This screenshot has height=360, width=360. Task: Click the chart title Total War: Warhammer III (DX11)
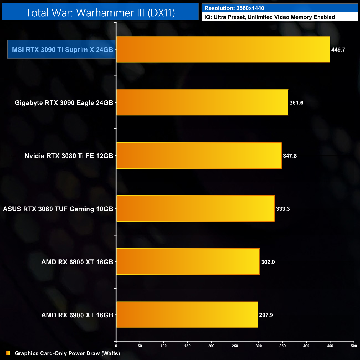100,13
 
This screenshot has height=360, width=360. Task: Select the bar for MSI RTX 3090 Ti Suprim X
223,49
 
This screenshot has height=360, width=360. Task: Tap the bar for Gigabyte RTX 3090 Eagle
202,102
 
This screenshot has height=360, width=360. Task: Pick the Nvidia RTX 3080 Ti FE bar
199,156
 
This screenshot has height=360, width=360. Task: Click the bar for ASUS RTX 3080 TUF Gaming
195,209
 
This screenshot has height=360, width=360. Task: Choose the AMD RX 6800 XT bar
188,262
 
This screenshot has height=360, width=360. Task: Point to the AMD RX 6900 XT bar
187,315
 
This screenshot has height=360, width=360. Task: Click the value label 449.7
338,50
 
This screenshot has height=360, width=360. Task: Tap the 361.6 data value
296,103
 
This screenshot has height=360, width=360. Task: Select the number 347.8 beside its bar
290,156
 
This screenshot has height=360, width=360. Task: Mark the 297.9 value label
266,315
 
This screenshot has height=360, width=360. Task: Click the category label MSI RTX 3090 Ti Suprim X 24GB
62,50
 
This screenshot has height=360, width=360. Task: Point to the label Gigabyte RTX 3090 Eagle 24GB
64,103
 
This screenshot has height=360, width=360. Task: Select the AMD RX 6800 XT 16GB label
77,262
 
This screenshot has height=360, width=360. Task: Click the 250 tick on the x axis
235,346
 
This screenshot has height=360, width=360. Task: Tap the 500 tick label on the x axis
354,346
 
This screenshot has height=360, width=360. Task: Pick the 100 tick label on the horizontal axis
164,346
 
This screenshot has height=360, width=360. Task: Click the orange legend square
8,353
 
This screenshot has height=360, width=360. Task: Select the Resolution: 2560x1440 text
234,8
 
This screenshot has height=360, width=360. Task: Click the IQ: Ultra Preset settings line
270,17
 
